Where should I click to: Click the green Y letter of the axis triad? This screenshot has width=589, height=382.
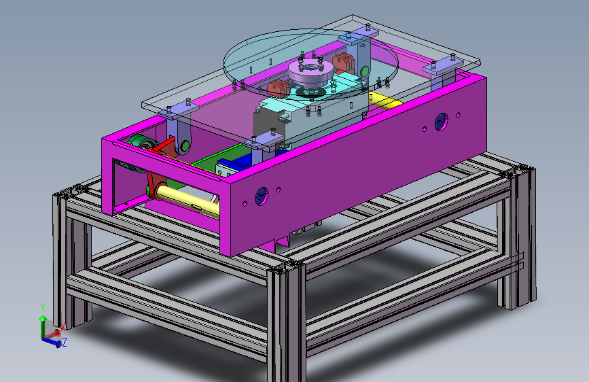coord(43,307)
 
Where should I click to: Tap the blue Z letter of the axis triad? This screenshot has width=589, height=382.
coord(64,343)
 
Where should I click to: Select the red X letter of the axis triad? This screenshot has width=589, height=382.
coord(63,327)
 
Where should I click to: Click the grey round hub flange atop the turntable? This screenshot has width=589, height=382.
coord(309,69)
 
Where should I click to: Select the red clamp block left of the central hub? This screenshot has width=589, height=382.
coord(277,88)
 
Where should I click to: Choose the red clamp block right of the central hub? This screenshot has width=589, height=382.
coord(342,63)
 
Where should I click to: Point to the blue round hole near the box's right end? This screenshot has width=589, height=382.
coord(441,122)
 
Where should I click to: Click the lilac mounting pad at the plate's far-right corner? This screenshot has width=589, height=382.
coord(442,67)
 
